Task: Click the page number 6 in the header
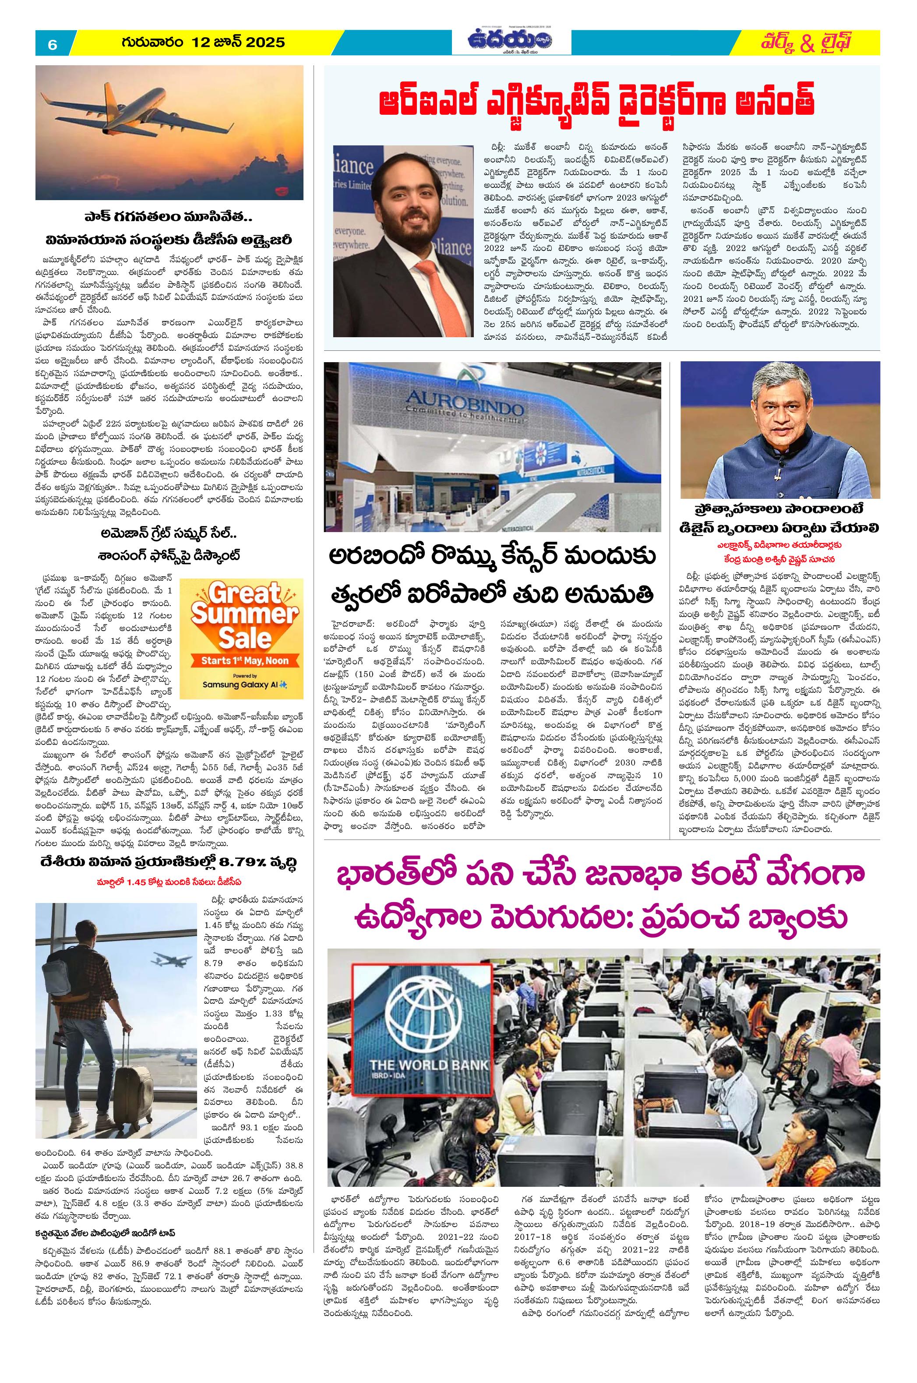pos(53,44)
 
